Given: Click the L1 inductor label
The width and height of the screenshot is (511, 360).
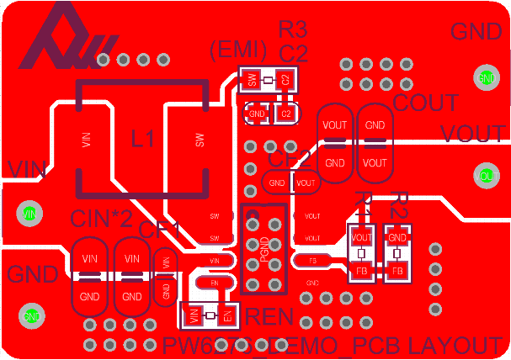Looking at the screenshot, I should click(143, 138).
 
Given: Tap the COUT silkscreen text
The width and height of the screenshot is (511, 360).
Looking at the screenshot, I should click(426, 103).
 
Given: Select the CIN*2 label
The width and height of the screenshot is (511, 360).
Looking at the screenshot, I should click(101, 219).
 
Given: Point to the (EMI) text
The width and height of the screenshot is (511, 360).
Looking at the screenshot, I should click(238, 50).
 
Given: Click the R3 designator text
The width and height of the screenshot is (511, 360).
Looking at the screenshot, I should click(293, 30).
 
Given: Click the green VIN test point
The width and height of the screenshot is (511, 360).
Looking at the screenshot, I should click(29, 214).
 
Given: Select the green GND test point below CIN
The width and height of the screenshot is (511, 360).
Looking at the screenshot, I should click(31, 316).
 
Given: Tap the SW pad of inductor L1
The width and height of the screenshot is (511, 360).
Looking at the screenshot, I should click(200, 140).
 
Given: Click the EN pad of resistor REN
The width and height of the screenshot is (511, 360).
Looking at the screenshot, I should click(226, 316).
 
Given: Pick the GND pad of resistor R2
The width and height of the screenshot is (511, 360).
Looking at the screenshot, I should click(398, 238).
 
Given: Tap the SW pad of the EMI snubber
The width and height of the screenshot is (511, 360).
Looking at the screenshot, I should click(251, 81).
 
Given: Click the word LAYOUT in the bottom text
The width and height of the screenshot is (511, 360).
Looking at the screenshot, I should click(455, 346).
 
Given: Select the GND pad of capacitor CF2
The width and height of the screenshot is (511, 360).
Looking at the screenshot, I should click(277, 182).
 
